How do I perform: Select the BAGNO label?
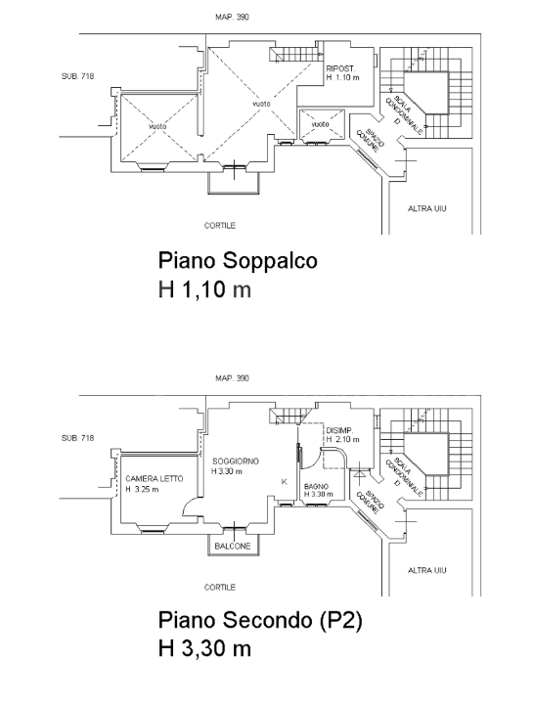point(316,486)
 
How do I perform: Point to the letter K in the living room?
point(284,482)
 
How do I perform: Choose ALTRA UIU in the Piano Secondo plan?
point(426,569)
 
